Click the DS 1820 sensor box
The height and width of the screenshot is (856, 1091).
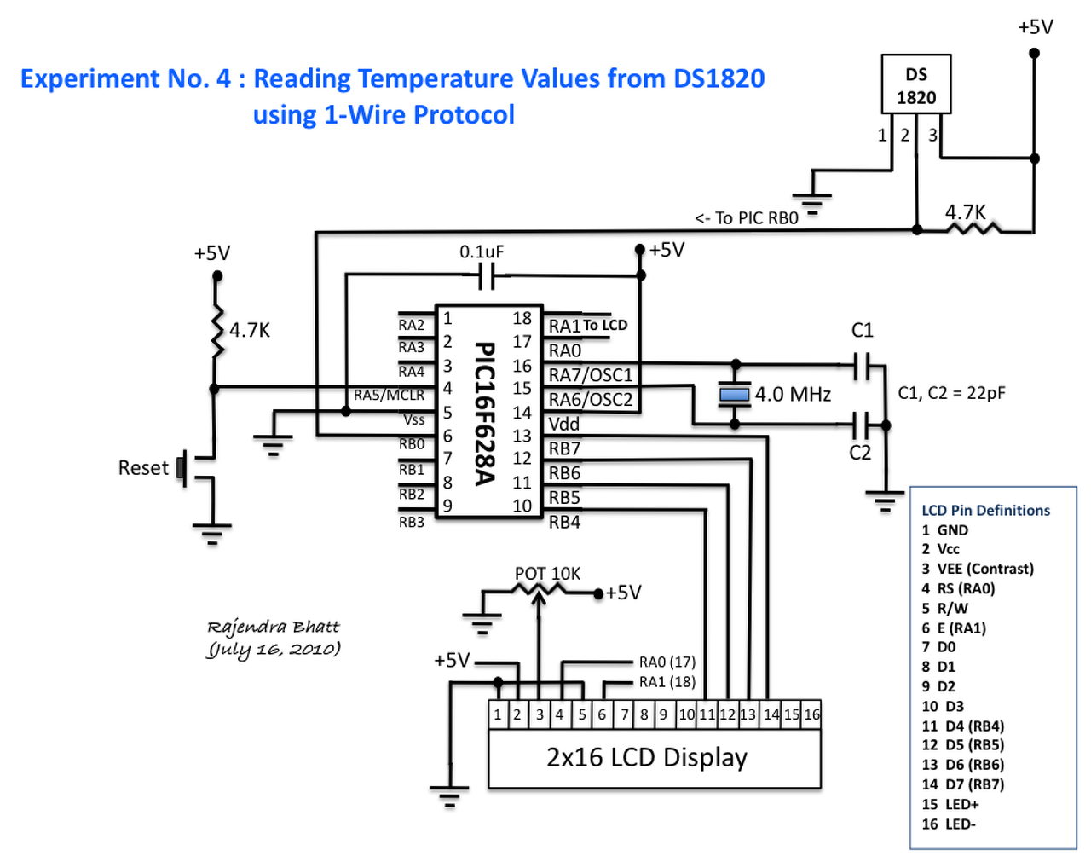[915, 84]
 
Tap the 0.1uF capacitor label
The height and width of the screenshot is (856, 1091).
[482, 252]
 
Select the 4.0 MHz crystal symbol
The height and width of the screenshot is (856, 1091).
[735, 395]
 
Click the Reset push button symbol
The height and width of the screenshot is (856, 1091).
[182, 468]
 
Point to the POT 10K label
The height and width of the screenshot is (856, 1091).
[547, 573]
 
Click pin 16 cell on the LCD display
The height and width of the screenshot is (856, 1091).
[811, 714]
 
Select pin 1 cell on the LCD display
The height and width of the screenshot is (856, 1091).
[498, 714]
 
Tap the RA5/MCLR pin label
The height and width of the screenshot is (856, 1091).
[389, 395]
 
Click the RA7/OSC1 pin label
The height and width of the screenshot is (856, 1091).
[591, 375]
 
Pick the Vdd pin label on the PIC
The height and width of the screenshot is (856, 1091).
[564, 425]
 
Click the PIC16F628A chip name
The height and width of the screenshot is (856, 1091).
[485, 414]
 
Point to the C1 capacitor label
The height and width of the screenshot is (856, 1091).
[862, 330]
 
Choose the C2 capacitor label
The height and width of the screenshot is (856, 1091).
[859, 453]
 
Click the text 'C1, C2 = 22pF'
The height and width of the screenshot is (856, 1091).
[951, 392]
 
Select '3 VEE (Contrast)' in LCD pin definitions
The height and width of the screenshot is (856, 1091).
[978, 569]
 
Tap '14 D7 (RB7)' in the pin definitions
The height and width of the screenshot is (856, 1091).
[962, 784]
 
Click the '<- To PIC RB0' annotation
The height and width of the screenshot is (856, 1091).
[747, 218]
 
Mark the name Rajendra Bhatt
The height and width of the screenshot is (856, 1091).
[274, 627]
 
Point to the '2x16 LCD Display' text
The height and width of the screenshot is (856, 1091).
[647, 758]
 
